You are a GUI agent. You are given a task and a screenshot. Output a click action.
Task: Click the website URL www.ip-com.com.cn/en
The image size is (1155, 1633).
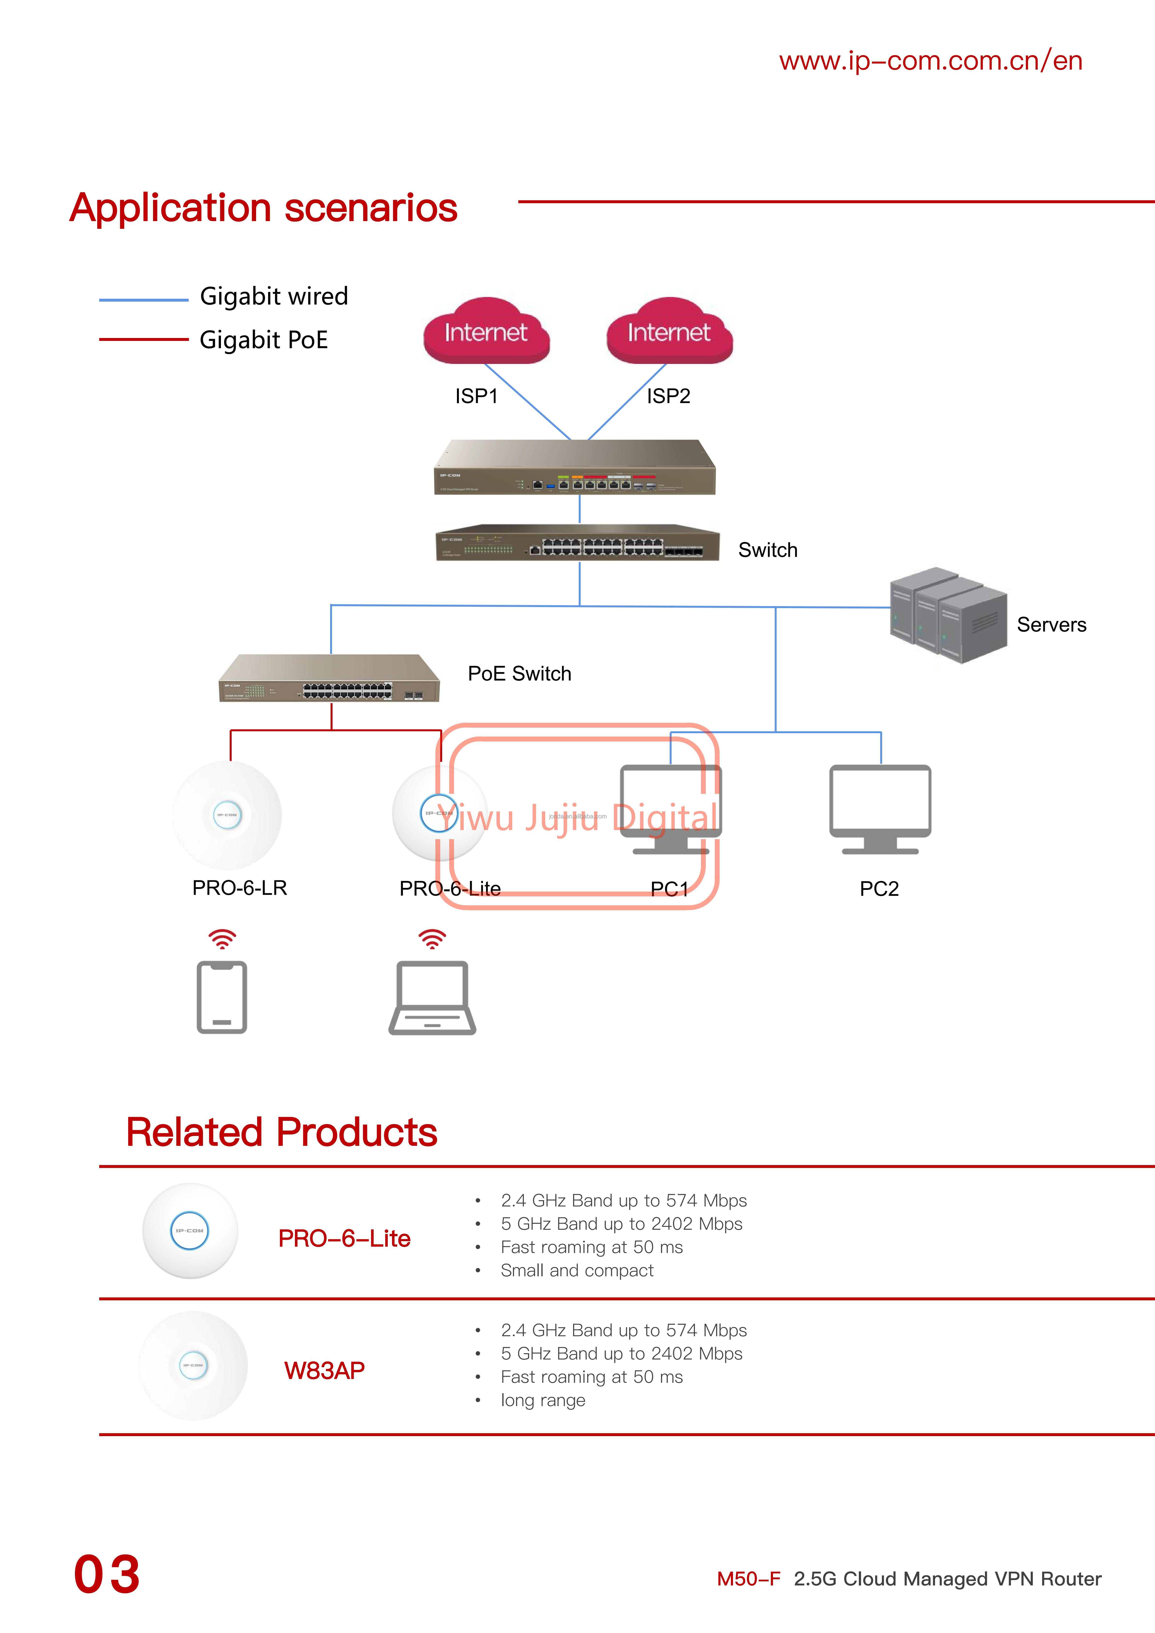(930, 61)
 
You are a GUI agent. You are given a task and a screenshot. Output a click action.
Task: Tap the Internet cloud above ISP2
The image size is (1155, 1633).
(669, 332)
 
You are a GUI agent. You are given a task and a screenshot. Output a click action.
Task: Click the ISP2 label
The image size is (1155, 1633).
(668, 396)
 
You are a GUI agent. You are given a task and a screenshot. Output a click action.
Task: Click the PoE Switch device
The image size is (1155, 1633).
(329, 679)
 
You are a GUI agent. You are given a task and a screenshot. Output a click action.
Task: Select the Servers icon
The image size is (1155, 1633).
(948, 616)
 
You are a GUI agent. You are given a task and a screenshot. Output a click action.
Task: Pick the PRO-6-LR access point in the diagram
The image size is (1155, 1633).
(227, 815)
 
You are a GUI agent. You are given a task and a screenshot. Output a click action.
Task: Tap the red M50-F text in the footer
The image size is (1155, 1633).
(748, 1579)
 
